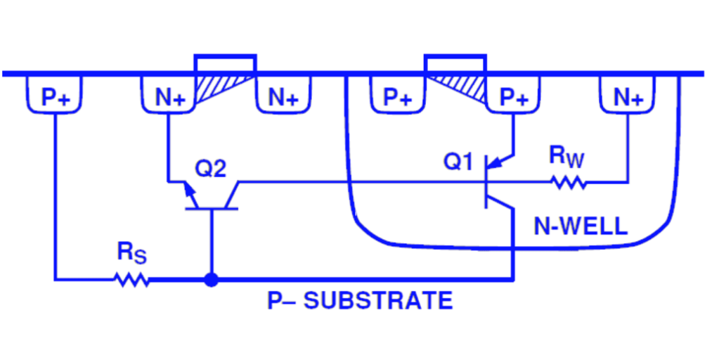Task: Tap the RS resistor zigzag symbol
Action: point(132,279)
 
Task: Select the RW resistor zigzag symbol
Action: point(569,182)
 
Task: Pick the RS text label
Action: point(131,254)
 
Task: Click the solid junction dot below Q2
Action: point(210,279)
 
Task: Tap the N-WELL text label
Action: point(580,226)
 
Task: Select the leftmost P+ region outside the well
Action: point(55,97)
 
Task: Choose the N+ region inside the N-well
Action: point(628,97)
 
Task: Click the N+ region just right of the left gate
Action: point(283,97)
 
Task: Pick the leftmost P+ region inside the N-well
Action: point(398,97)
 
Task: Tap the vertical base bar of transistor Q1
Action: point(486,182)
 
